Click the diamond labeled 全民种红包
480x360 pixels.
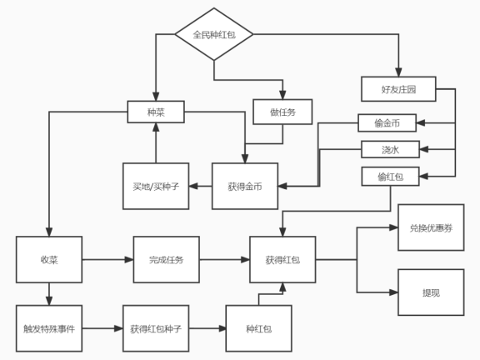[214, 35]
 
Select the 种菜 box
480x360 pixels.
[155, 112]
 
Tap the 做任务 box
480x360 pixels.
[282, 112]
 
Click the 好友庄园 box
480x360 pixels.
[398, 88]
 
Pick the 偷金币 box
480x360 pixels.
[387, 123]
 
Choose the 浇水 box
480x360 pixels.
[390, 150]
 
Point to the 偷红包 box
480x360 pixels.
[390, 176]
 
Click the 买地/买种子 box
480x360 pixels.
[155, 186]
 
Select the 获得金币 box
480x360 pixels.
[245, 186]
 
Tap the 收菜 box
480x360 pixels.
[49, 260]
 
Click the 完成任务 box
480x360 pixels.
[166, 260]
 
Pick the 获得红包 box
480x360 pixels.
[282, 260]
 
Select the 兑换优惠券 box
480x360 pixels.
[431, 227]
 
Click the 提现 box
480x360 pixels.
[431, 292]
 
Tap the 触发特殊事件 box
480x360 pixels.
[49, 328]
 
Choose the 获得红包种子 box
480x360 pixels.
[156, 328]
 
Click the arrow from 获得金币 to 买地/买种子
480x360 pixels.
[201, 186]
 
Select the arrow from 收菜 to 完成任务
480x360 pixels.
[107, 260]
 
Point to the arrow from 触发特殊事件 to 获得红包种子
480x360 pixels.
[102, 328]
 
